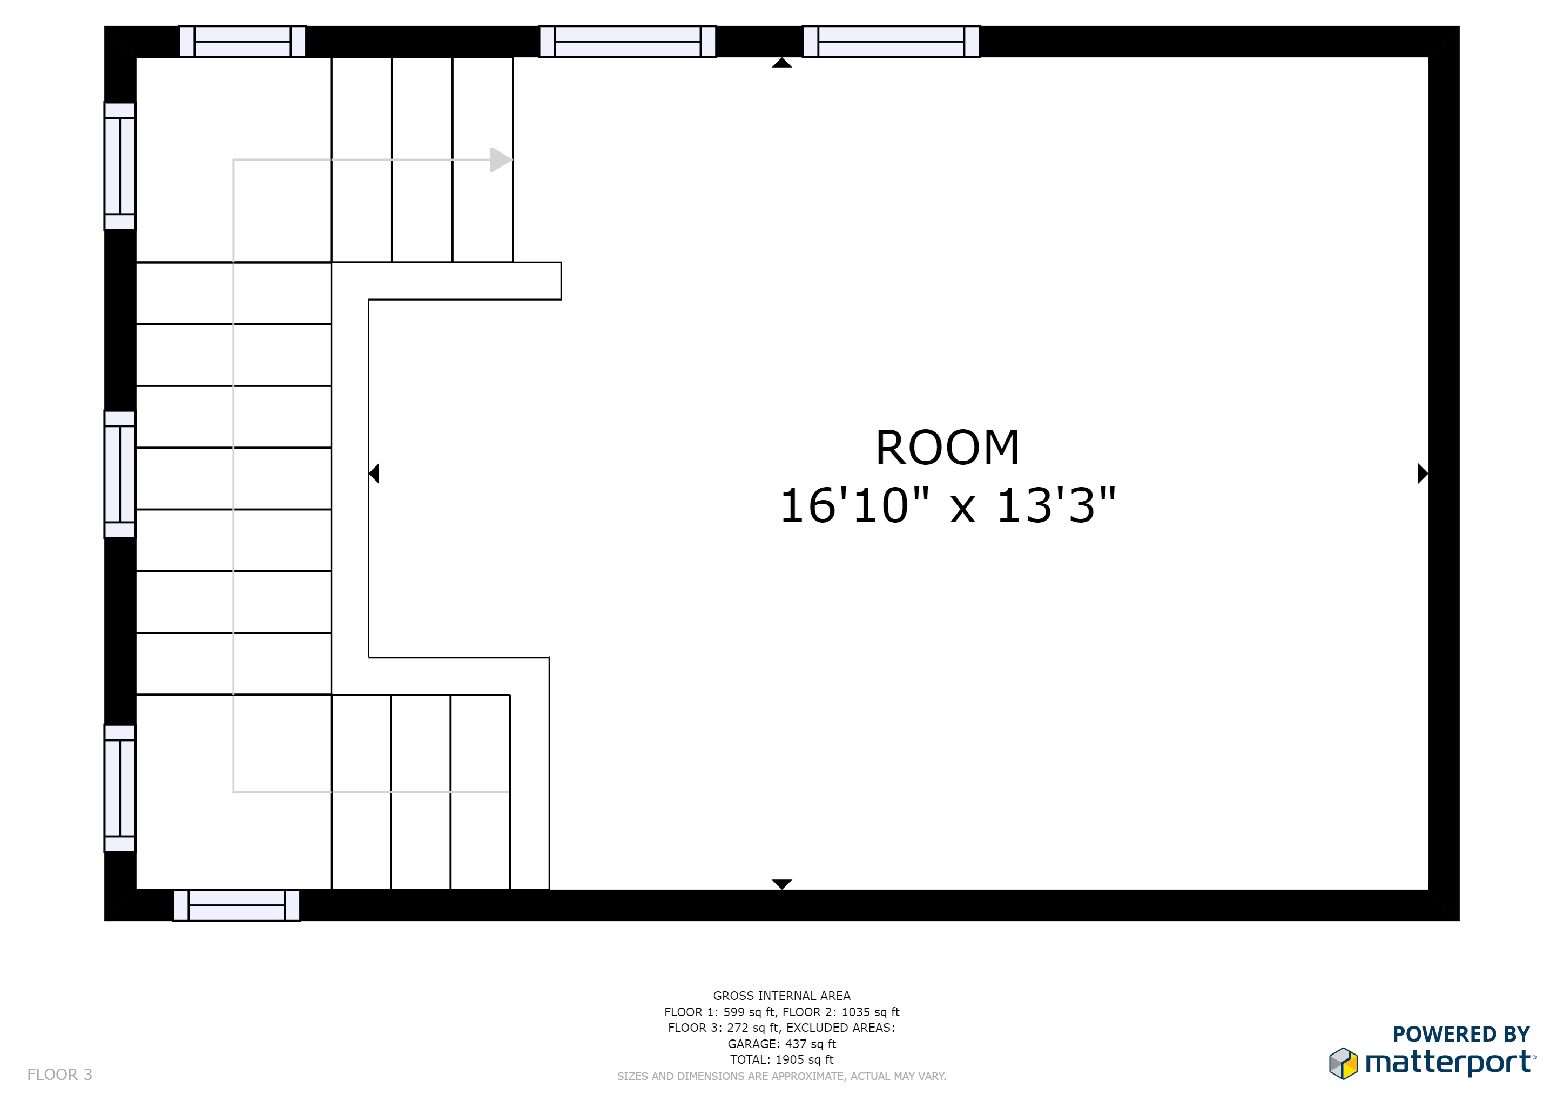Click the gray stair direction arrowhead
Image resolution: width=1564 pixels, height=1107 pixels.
coord(501,159)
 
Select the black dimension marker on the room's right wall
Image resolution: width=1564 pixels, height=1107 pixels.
coord(1423,473)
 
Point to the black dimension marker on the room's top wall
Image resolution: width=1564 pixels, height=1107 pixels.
coord(781,63)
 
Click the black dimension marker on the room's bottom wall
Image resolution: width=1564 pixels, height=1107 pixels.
coord(781,884)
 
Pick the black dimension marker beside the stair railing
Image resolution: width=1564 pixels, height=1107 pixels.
coord(374,473)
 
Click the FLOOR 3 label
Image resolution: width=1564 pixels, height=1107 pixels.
coord(60,1074)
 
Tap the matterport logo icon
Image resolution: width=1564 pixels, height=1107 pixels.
coord(1343,1063)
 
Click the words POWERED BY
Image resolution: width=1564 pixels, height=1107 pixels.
coord(1461,1034)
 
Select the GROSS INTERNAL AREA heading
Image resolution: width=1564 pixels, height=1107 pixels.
coord(781,996)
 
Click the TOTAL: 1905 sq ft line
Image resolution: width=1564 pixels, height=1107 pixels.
coord(781,1059)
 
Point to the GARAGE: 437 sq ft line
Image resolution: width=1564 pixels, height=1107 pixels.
coord(781,1044)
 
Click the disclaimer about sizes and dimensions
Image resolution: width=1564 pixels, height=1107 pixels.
coord(781,1076)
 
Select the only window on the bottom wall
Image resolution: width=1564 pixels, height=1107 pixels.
coord(237,905)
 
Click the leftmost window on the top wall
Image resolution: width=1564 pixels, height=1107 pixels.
coord(242,42)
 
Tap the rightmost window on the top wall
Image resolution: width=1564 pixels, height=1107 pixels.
coord(891,42)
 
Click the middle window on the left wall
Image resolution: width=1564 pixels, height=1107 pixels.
coord(120,475)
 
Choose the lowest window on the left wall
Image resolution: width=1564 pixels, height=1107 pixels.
coord(120,788)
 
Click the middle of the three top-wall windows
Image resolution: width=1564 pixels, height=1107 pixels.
coord(628,42)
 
